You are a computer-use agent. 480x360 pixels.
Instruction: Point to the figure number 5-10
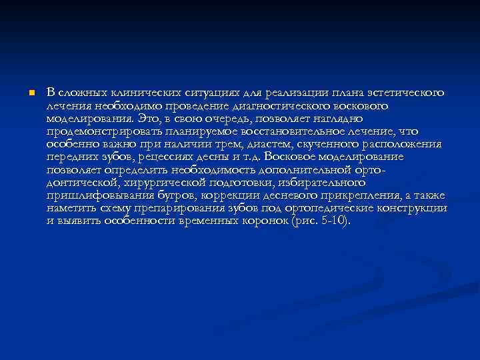pos(331,220)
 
